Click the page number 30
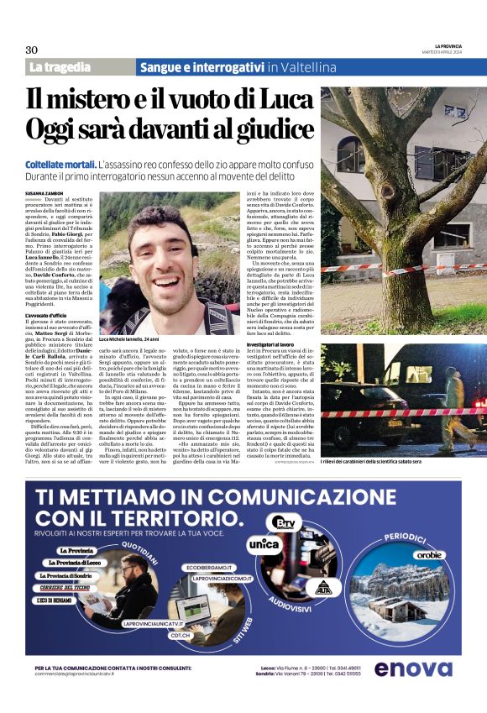coord(32,50)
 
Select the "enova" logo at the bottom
coord(412,669)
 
